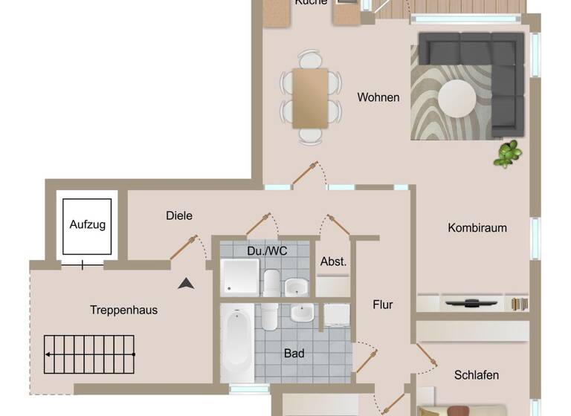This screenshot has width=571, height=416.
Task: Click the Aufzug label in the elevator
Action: [x=88, y=224]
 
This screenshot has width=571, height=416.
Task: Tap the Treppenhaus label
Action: [x=123, y=310]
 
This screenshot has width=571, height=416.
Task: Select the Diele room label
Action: [x=179, y=215]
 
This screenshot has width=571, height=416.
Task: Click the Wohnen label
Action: [x=378, y=97]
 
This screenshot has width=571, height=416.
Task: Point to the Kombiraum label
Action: [x=477, y=227]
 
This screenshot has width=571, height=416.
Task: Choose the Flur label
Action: [x=383, y=305]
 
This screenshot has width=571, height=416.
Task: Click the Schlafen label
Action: [x=476, y=375]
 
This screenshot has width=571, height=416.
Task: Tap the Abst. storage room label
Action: [x=333, y=261]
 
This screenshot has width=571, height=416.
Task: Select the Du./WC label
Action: [x=267, y=251]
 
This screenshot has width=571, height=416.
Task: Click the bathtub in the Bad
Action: [x=236, y=342]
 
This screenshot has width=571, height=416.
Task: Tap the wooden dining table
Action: [x=310, y=97]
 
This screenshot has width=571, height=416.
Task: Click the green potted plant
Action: [x=509, y=154]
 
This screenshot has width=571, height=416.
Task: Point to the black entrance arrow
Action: [x=186, y=282]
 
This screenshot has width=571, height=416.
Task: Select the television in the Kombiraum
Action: [x=472, y=302]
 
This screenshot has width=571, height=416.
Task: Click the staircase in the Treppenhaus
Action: [x=90, y=355]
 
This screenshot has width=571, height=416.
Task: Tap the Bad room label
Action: [x=294, y=354]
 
